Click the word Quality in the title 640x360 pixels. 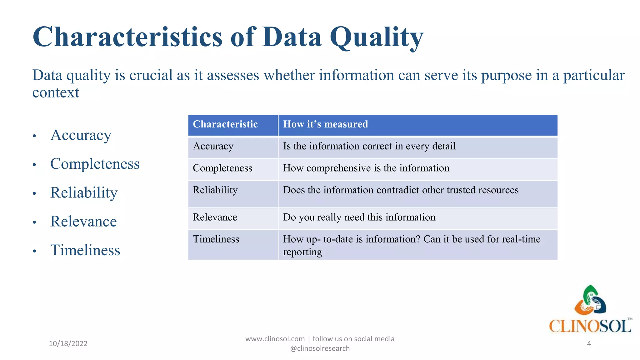(376, 37)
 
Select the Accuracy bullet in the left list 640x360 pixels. (81, 135)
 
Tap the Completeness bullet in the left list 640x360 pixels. (95, 164)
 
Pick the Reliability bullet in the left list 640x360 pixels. (84, 193)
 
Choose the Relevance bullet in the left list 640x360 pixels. (83, 222)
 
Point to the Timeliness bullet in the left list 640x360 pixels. (85, 250)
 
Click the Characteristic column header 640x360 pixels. (225, 124)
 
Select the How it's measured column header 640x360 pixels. (325, 124)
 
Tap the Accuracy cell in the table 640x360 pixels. (213, 146)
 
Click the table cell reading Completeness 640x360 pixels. (222, 168)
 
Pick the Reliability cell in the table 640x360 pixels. (215, 190)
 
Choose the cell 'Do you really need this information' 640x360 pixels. (359, 217)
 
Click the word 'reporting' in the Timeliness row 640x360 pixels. (302, 252)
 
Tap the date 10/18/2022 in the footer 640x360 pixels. (68, 344)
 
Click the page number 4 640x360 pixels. (589, 344)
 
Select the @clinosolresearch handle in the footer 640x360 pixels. (320, 348)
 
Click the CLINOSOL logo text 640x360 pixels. (590, 327)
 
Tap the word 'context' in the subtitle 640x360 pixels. (56, 93)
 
